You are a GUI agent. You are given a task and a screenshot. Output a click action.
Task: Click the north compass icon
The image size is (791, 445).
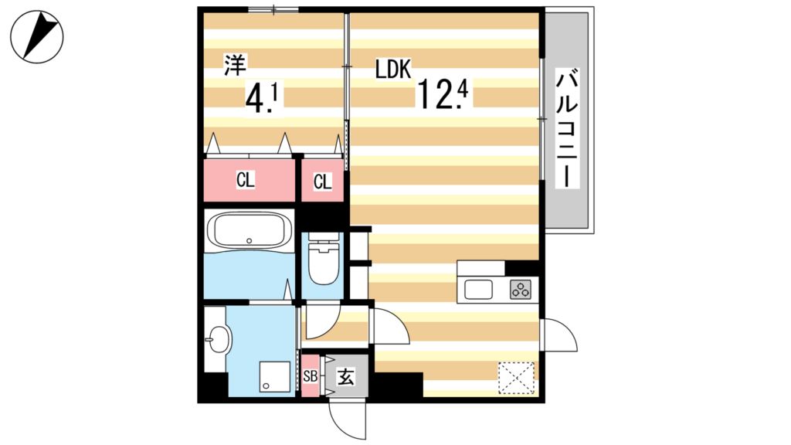click(x=36, y=36)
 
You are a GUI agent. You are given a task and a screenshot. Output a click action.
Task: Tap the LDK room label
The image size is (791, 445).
click(x=392, y=70)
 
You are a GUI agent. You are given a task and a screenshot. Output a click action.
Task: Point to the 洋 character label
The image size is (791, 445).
click(x=232, y=65)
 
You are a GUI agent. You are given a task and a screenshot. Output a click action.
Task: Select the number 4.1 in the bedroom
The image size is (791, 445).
click(x=262, y=98)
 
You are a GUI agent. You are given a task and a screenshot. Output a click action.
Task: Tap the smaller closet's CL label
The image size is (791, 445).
click(x=322, y=182)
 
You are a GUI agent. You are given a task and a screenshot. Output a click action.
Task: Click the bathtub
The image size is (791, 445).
click(x=250, y=230)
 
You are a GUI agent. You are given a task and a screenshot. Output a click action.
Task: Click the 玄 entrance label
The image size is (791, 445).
click(x=346, y=378)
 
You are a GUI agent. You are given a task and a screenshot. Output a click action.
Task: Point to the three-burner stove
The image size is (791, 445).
click(x=521, y=290)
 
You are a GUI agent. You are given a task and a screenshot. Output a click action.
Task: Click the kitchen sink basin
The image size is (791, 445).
click(x=478, y=290)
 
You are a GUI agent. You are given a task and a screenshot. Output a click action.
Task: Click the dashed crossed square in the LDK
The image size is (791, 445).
click(x=516, y=379)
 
